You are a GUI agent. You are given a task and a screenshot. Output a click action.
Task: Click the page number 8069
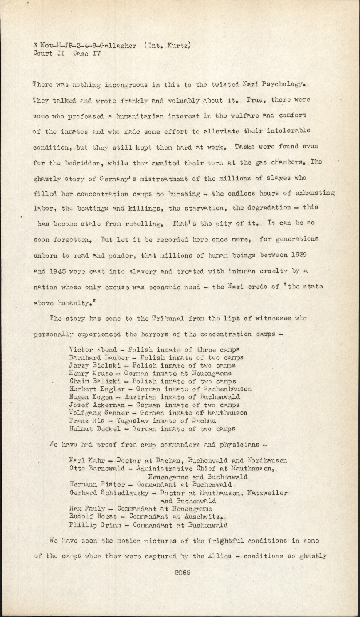tap(183, 573)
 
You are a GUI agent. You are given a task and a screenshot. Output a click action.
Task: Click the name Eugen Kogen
tap(91, 397)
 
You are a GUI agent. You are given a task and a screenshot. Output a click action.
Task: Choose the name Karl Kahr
tap(85, 460)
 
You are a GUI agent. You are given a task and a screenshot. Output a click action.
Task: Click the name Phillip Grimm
tap(93, 525)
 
